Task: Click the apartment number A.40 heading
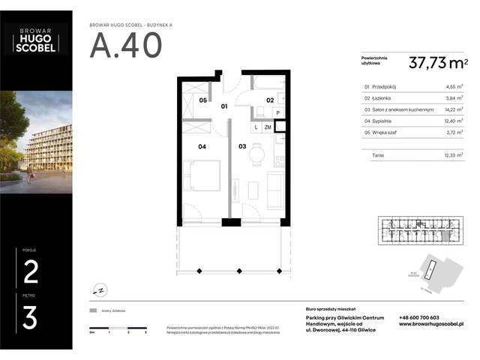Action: (x=125, y=46)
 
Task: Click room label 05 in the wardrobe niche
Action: (x=202, y=100)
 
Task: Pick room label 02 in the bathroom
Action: (x=270, y=100)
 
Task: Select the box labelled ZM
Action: (x=268, y=127)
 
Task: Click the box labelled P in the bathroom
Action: (x=277, y=113)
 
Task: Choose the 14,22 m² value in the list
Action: (x=451, y=109)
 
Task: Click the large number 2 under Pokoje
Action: (x=31, y=271)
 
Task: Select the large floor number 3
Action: (x=31, y=317)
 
